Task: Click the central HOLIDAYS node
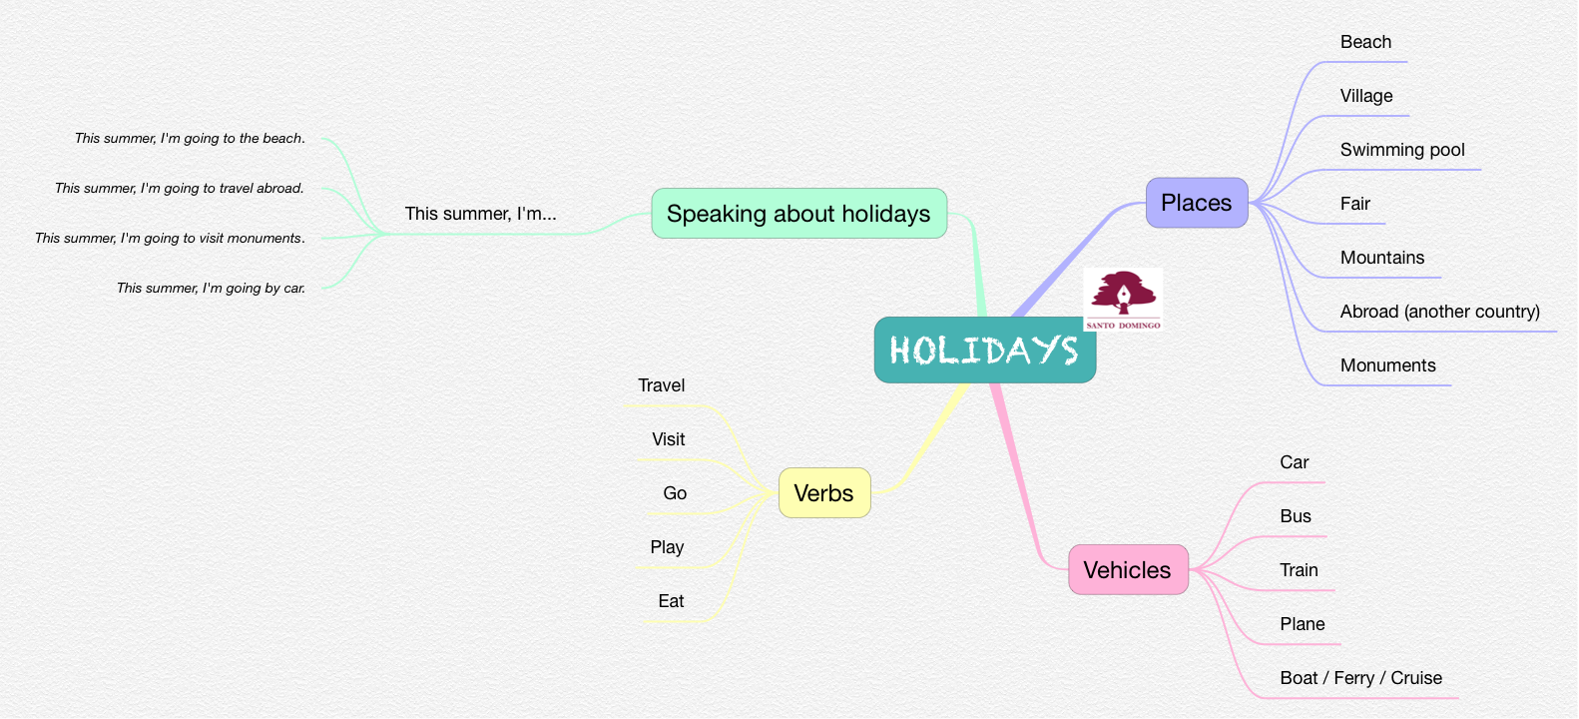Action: [985, 350]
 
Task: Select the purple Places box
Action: [1197, 203]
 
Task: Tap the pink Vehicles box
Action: [1128, 569]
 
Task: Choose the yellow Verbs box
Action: [824, 492]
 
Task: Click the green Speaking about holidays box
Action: [798, 213]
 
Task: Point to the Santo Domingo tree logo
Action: [1123, 300]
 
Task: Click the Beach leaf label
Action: [1365, 42]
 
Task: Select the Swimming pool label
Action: [1402, 150]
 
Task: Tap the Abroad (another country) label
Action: [1439, 312]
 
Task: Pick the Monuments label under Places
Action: [1387, 365]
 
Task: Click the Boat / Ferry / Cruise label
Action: [1360, 678]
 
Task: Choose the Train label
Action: [1299, 570]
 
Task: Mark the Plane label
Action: [1302, 624]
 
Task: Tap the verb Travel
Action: [661, 385]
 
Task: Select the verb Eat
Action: [671, 601]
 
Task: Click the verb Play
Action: [667, 547]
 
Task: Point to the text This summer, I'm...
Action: [480, 214]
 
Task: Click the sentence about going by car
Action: [211, 288]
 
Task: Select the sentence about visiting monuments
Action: [170, 239]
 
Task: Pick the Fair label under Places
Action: [1354, 204]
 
